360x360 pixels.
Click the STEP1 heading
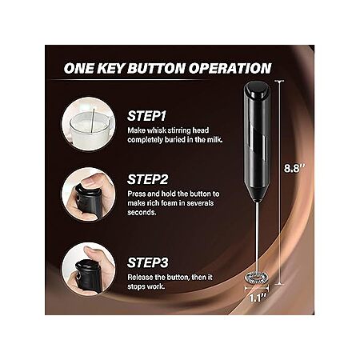pos(146,116)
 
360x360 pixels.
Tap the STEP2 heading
pos(148,179)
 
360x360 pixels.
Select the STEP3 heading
pos(148,262)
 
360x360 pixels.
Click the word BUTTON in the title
pos(156,68)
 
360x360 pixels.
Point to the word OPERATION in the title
pos(230,68)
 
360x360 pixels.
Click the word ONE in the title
pos(79,68)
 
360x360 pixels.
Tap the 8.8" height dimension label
pos(294,169)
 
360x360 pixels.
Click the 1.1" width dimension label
pos(257,298)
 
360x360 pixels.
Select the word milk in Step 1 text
pos(214,139)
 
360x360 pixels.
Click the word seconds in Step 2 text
pos(142,213)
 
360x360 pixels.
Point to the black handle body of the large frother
pos(257,142)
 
